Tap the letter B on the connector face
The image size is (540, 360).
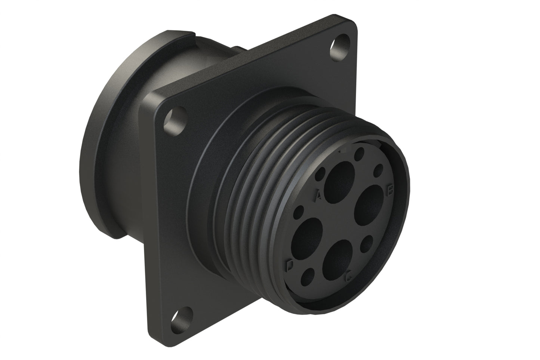[x=390, y=190]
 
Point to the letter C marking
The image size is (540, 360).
[x=349, y=277]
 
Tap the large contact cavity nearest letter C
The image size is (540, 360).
[x=339, y=256]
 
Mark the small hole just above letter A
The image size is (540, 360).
[x=321, y=174]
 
